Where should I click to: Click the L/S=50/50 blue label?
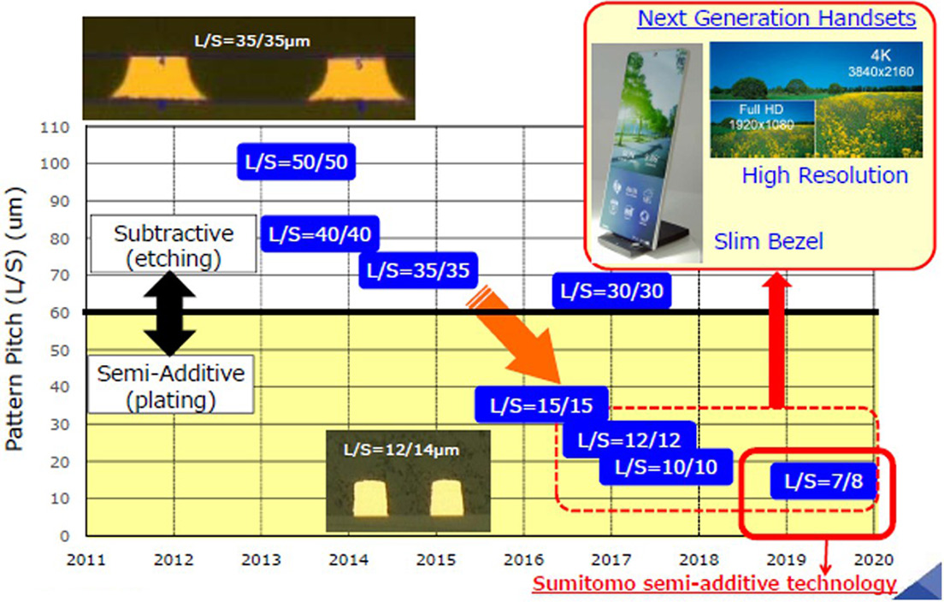pyautogui.click(x=296, y=162)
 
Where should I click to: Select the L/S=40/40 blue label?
pyautogui.click(x=320, y=233)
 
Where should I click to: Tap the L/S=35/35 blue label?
pyautogui.click(x=418, y=269)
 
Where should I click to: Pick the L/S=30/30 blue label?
pyautogui.click(x=611, y=291)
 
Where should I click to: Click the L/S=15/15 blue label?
pyautogui.click(x=541, y=404)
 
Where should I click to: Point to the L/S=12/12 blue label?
pyautogui.click(x=629, y=440)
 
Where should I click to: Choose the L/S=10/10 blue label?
pyautogui.click(x=666, y=467)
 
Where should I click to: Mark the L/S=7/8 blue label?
pyautogui.click(x=823, y=481)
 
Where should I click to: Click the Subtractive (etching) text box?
pyautogui.click(x=174, y=244)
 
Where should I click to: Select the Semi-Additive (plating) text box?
pyautogui.click(x=171, y=385)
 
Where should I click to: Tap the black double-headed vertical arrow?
pyautogui.click(x=170, y=313)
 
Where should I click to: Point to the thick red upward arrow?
pyautogui.click(x=777, y=340)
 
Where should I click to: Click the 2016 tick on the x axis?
pyautogui.click(x=523, y=560)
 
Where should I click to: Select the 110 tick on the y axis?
pyautogui.click(x=55, y=127)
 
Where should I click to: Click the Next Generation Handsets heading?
pyautogui.click(x=776, y=18)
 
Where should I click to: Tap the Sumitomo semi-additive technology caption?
pyautogui.click(x=715, y=583)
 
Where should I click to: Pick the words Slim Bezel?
pyautogui.click(x=768, y=241)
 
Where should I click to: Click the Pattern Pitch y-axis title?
pyautogui.click(x=15, y=319)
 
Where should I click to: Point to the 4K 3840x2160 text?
pyautogui.click(x=880, y=63)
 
